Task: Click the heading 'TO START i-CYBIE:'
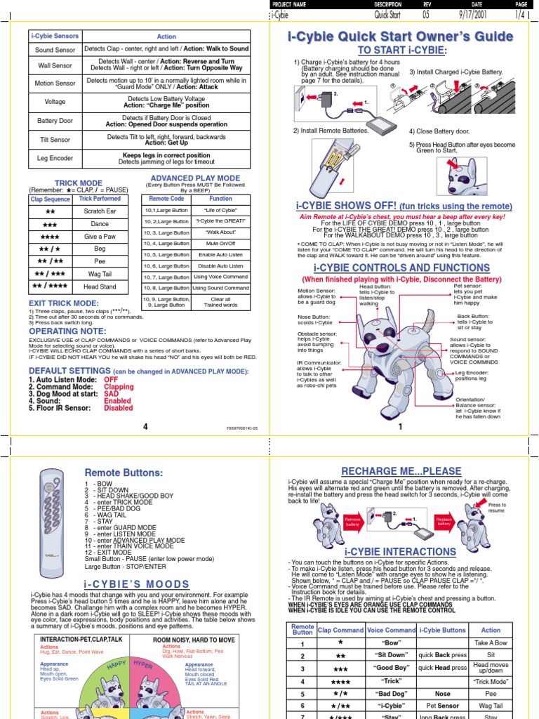tap(402, 51)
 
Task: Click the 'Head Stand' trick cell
tap(100, 286)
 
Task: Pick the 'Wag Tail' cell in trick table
tap(100, 274)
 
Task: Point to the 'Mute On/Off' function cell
tap(220, 243)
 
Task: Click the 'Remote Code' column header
tap(166, 199)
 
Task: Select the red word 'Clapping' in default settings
tap(119, 386)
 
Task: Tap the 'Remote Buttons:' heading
tap(124, 473)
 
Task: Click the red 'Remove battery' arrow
tap(352, 521)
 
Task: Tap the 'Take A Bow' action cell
tap(491, 643)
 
